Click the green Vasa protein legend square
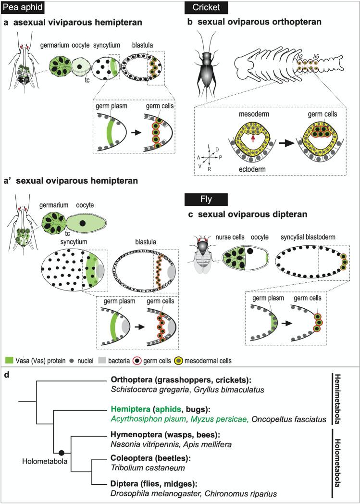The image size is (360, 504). (8, 359)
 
